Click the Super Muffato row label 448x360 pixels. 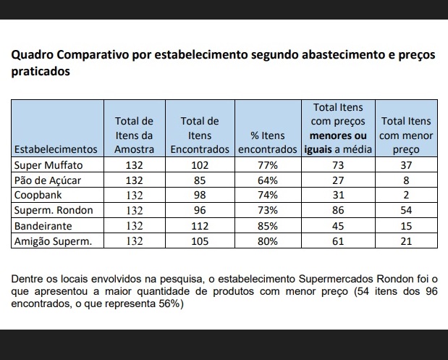(x=49, y=165)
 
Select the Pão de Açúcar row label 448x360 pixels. (x=48, y=180)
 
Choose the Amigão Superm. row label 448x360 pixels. (x=54, y=241)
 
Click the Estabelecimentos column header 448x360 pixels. (x=56, y=149)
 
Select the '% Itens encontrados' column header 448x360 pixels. (x=268, y=142)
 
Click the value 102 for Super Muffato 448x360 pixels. (x=199, y=165)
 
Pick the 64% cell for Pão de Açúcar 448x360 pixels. (x=268, y=180)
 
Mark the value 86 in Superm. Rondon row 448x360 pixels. (x=337, y=211)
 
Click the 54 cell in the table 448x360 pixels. (x=406, y=211)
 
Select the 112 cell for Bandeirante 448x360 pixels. (x=199, y=226)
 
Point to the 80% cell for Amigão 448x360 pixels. (x=268, y=241)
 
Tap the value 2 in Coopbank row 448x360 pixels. (x=406, y=196)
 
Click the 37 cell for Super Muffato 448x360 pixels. (x=406, y=165)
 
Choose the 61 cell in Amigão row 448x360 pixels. (x=337, y=241)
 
